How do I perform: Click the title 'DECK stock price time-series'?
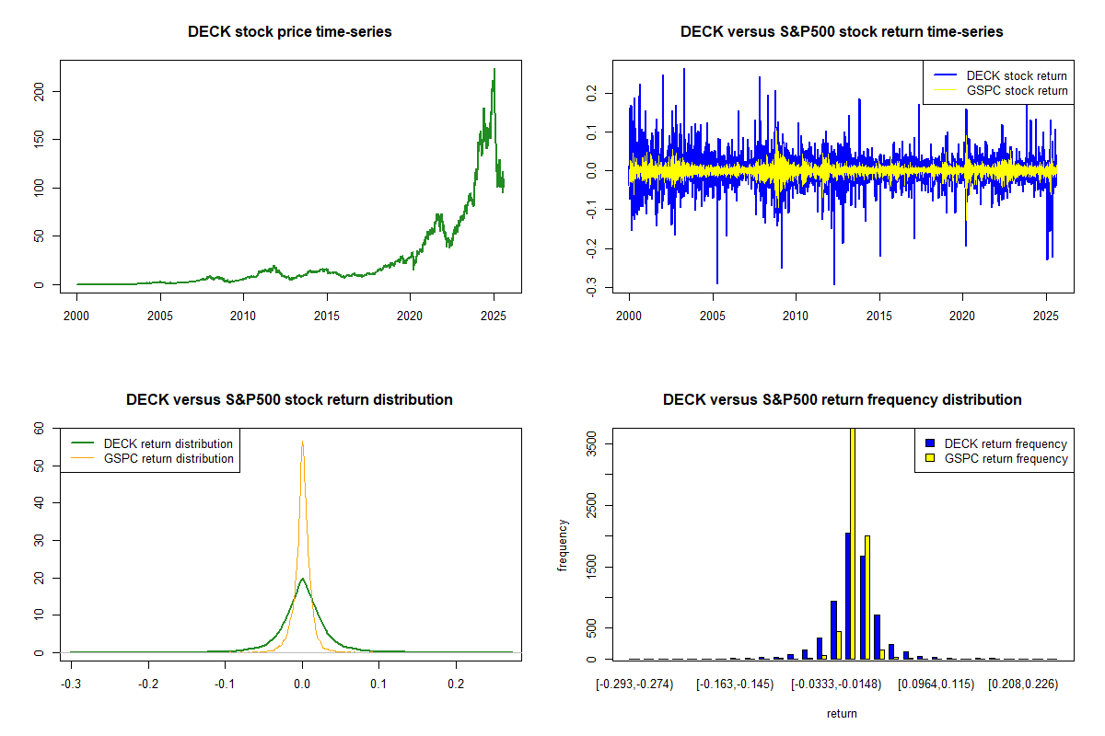click(x=289, y=32)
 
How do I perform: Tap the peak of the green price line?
click(x=494, y=69)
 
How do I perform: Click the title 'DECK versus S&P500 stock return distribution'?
click(x=289, y=400)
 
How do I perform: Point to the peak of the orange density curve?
click(x=302, y=442)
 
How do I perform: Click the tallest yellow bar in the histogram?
click(x=853, y=543)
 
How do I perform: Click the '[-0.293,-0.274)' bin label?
click(x=634, y=685)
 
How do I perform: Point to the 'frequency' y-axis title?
click(x=564, y=545)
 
